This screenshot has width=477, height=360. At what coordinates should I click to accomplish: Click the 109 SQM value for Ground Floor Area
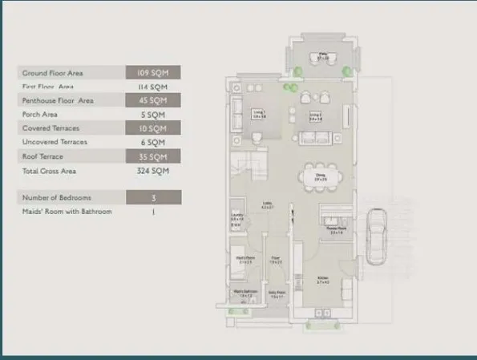pyautogui.click(x=153, y=73)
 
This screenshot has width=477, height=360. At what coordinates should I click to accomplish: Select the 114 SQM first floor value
pyautogui.click(x=153, y=87)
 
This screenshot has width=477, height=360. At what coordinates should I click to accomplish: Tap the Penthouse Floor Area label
pyautogui.click(x=57, y=101)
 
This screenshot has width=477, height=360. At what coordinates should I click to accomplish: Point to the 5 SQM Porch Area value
pyautogui.click(x=153, y=115)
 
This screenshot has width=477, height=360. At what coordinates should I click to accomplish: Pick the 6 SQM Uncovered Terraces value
pyautogui.click(x=153, y=143)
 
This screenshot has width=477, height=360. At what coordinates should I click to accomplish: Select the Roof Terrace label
pyautogui.click(x=42, y=156)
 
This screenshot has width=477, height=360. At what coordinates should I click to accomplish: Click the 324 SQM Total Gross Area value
pyautogui.click(x=153, y=171)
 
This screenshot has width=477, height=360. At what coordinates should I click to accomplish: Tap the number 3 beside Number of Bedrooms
pyautogui.click(x=153, y=197)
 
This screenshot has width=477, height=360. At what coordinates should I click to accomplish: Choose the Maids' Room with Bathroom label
pyautogui.click(x=67, y=212)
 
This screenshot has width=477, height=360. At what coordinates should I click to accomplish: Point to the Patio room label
pyautogui.click(x=323, y=57)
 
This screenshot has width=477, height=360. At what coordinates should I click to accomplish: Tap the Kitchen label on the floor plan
pyautogui.click(x=322, y=281)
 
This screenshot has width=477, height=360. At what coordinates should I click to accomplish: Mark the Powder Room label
pyautogui.click(x=335, y=229)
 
